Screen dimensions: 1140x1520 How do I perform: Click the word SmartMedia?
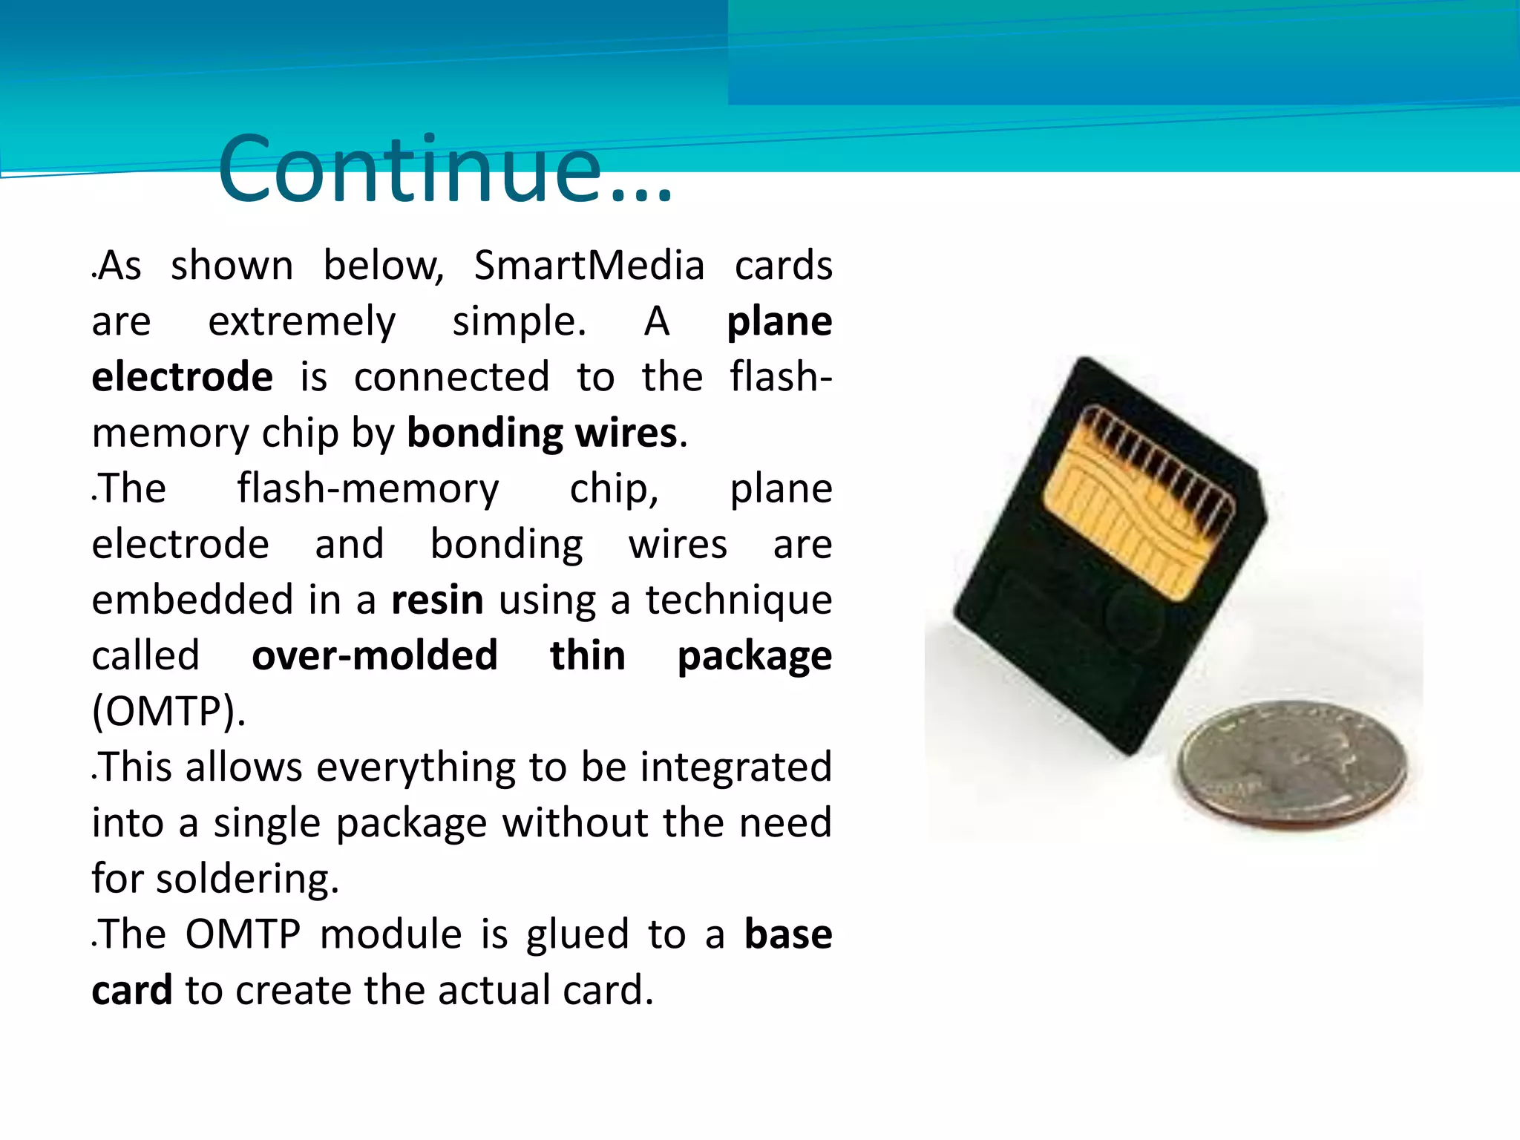pyautogui.click(x=589, y=266)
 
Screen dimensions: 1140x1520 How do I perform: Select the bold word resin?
pyautogui.click(x=437, y=600)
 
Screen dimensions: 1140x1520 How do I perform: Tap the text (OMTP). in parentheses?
pyautogui.click(x=168, y=711)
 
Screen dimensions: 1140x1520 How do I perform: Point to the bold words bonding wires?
pyautogui.click(x=542, y=433)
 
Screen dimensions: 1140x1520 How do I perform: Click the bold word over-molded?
pyautogui.click(x=375, y=655)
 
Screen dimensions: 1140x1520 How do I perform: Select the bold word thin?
pyautogui.click(x=587, y=655)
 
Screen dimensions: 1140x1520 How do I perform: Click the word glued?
pyautogui.click(x=577, y=934)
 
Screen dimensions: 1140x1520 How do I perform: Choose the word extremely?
pyautogui.click(x=302, y=322)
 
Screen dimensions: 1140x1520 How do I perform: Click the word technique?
pyautogui.click(x=738, y=600)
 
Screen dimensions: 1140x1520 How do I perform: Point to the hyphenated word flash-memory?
pyautogui.click(x=368, y=489)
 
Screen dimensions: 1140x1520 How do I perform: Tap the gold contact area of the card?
pyautogui.click(x=1136, y=505)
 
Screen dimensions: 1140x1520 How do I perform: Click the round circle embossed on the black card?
pyautogui.click(x=1135, y=616)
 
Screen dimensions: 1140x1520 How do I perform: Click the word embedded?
pyautogui.click(x=192, y=600)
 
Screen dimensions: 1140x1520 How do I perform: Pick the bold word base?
pyautogui.click(x=787, y=934)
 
